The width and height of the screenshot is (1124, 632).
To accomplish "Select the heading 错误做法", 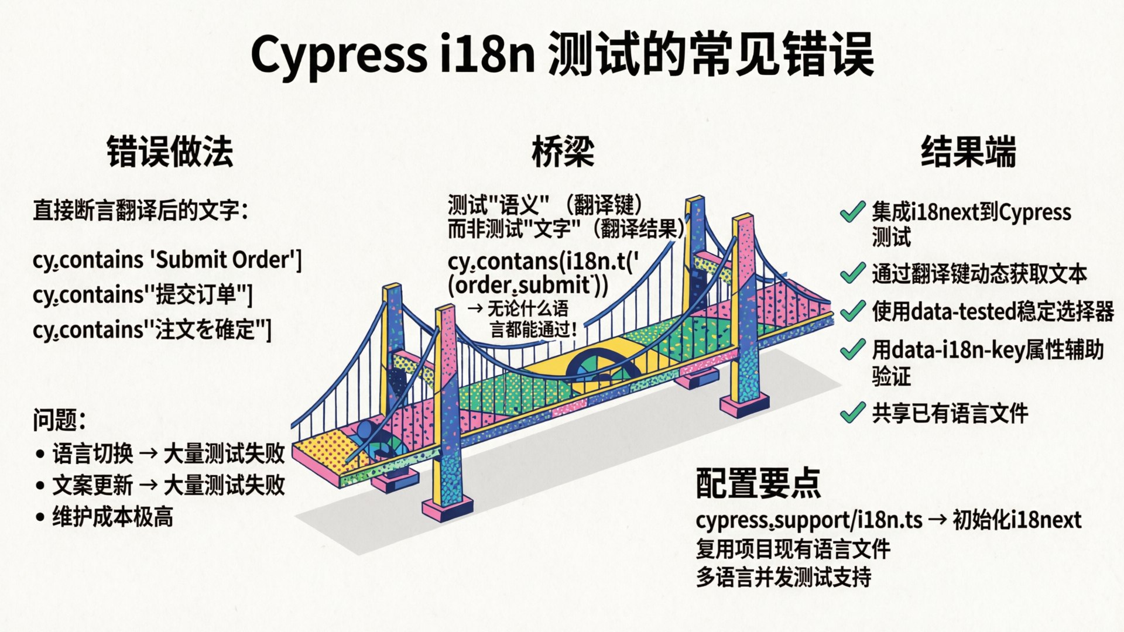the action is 170,152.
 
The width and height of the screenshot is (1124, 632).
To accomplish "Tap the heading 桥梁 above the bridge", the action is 563,152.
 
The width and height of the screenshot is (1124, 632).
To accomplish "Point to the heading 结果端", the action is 969,152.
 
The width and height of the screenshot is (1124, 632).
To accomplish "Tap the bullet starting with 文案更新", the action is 169,485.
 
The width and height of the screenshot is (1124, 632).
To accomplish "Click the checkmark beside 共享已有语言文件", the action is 852,413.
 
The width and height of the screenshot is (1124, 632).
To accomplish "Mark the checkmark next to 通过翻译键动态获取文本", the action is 852,273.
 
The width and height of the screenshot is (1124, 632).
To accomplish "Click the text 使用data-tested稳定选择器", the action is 993,311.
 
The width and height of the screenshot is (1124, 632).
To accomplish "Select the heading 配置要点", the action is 759,483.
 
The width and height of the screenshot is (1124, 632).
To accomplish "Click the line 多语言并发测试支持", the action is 784,578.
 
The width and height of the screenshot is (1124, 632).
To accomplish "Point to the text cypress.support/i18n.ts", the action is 809,520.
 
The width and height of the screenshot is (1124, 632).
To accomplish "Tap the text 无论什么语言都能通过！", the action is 530,319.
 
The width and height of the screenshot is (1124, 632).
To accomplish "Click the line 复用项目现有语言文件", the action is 793,549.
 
